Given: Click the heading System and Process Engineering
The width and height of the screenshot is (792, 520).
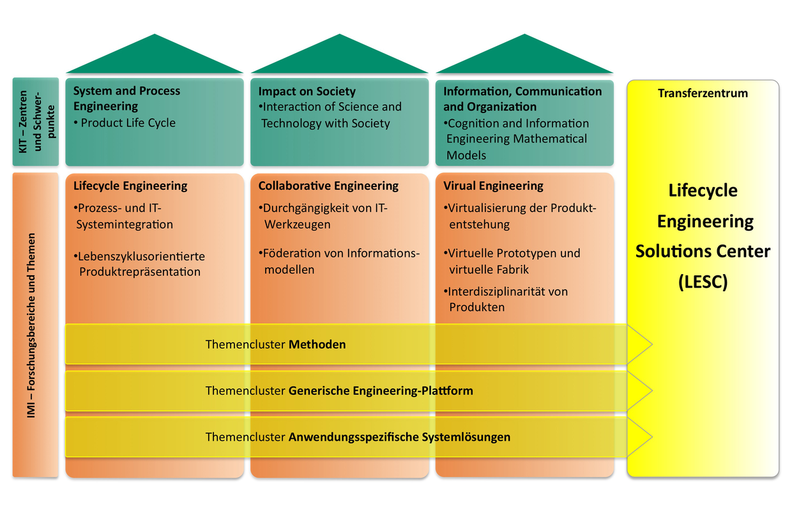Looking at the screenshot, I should tap(126, 98).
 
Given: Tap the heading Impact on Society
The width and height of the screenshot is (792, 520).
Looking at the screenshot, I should tap(307, 91).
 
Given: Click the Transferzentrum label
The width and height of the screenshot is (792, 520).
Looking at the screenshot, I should tap(703, 93).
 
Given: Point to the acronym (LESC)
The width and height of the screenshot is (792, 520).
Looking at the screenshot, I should tap(703, 282).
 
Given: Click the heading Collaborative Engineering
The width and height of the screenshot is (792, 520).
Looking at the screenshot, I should tap(328, 186).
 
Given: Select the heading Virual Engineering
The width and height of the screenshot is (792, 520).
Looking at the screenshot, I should tap(493, 186).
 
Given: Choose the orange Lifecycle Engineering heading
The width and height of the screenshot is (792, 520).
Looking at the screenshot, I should tap(130, 186).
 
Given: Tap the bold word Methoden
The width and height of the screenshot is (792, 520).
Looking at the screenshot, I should tap(317, 344).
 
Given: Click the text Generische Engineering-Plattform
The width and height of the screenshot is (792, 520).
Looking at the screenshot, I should tap(381, 390).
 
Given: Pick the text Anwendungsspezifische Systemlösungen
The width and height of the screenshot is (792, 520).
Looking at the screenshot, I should tap(399, 438).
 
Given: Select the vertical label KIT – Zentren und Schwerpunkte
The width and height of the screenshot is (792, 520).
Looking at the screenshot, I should tap(35, 121).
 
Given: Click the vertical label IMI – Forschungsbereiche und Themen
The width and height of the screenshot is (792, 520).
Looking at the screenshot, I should tap(31, 325).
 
